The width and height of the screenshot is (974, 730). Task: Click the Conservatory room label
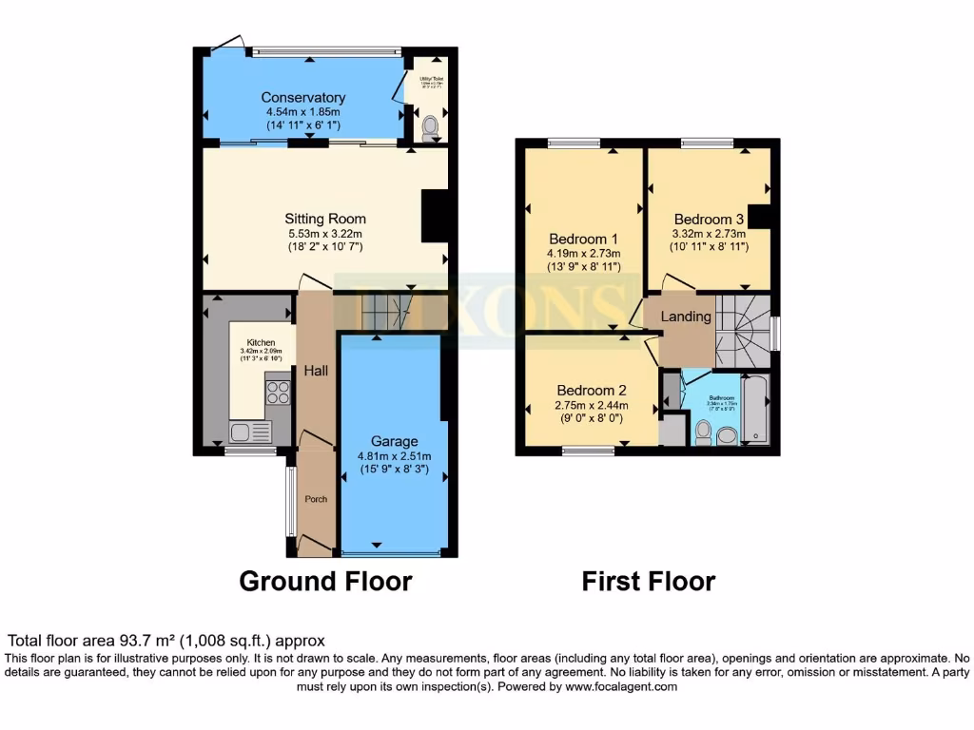click(x=302, y=98)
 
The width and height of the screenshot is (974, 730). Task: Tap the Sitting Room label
click(x=326, y=219)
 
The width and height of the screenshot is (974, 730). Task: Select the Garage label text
click(x=394, y=441)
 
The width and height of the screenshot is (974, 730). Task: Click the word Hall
click(x=316, y=370)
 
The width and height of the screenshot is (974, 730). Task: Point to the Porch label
click(x=315, y=499)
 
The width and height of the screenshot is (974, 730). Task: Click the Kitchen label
click(x=261, y=342)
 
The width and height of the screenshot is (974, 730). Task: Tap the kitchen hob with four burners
click(x=277, y=391)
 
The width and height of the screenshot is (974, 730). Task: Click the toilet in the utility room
click(x=430, y=128)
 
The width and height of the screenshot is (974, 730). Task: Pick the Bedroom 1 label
click(x=583, y=239)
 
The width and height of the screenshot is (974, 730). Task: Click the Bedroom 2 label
click(x=591, y=390)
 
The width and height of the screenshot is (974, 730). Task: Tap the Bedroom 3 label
click(x=709, y=219)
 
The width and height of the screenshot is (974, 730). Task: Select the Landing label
click(x=686, y=317)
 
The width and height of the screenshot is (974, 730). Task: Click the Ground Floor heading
click(x=325, y=581)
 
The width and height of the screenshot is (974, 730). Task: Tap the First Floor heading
click(x=649, y=581)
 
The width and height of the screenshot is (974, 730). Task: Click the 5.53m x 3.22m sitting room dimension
click(x=326, y=233)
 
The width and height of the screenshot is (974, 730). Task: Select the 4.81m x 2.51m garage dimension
click(x=394, y=455)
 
